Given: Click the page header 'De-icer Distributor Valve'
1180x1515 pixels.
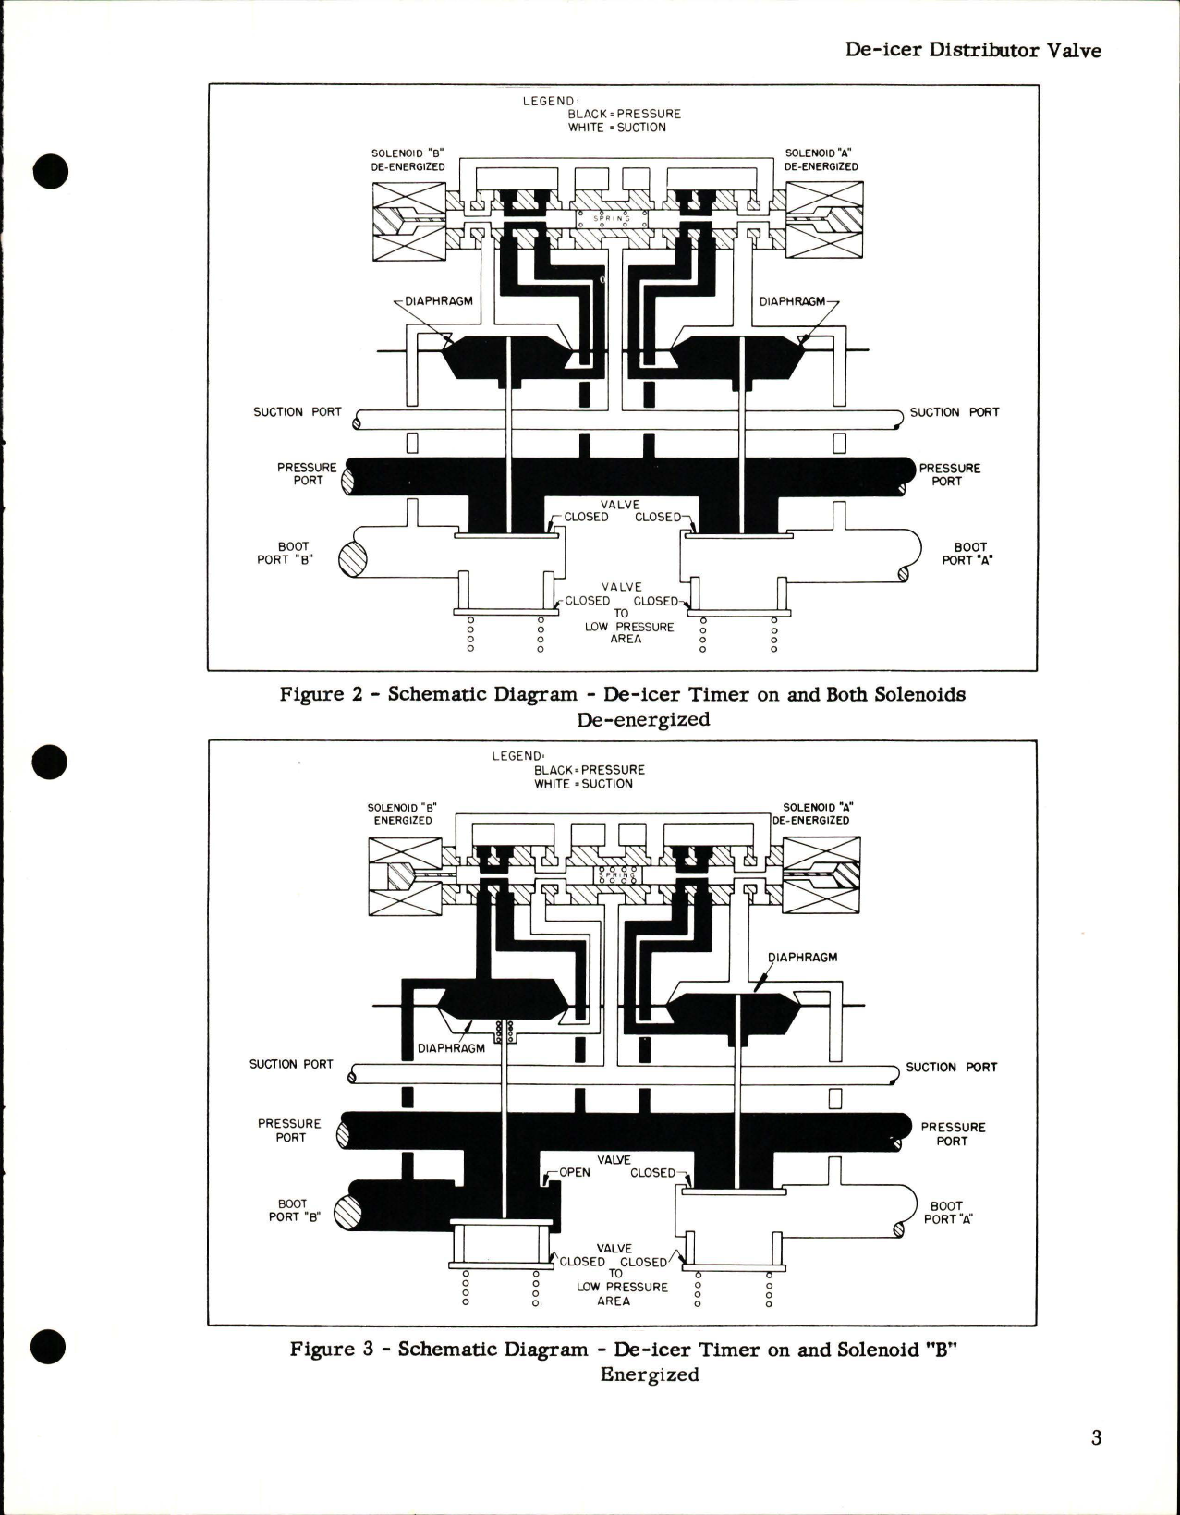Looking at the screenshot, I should [973, 50].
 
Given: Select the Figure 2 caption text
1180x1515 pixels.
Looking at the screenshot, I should [622, 706].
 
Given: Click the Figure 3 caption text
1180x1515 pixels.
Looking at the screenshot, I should [622, 1361].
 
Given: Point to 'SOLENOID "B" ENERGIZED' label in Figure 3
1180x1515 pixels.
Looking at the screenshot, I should [402, 813].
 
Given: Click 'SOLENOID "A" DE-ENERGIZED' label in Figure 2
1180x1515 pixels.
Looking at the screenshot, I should [821, 160].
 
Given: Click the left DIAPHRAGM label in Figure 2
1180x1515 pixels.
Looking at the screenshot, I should [438, 301].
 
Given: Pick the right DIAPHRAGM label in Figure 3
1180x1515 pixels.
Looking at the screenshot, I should [802, 958].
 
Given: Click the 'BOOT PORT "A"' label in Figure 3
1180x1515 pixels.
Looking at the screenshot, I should [947, 1213].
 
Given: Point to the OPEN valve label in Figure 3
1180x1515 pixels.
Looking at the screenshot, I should [574, 1173].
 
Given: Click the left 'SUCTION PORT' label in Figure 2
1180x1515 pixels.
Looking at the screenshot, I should [297, 412].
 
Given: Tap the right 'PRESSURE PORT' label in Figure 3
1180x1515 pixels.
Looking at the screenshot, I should [953, 1134].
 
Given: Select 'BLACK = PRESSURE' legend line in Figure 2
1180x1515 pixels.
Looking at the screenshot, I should [624, 114].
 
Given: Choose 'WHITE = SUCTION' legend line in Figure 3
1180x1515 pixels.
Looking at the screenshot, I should [583, 784].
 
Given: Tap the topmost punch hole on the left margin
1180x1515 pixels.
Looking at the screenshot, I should [51, 171].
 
